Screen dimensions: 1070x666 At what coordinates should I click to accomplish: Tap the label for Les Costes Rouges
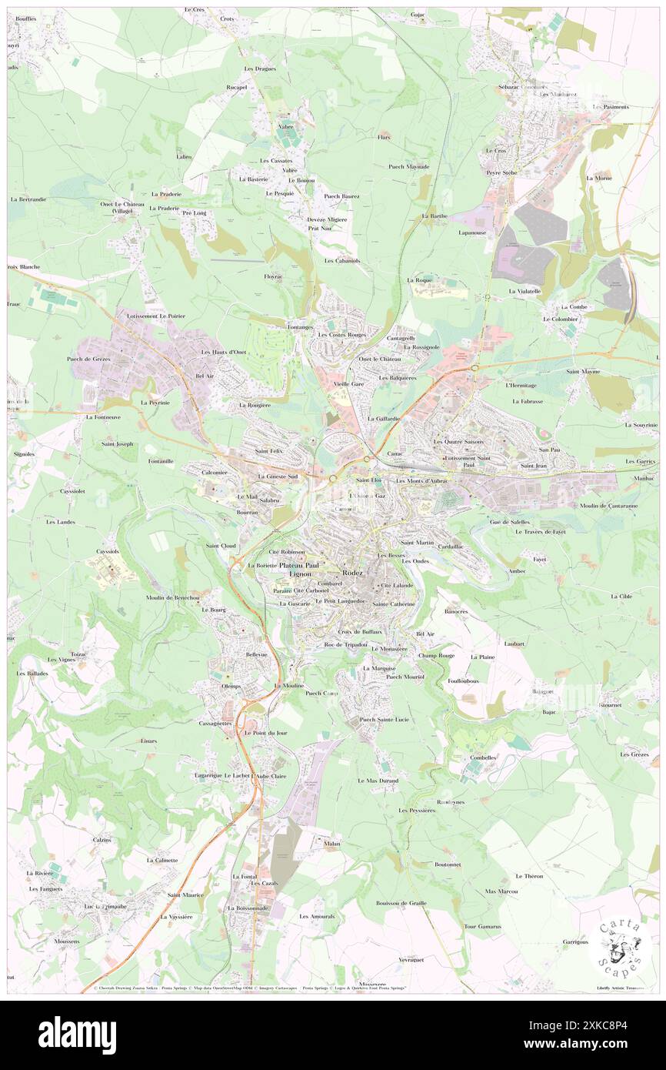(342, 336)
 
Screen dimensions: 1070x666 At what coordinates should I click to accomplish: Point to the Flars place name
(385, 137)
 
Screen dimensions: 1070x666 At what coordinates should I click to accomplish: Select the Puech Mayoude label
(408, 167)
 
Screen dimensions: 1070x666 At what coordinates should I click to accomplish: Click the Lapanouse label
(472, 232)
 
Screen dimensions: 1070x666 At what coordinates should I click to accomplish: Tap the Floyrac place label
(275, 276)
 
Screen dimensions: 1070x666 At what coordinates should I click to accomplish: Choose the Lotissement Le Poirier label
(151, 316)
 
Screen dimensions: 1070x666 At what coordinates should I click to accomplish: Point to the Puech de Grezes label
(89, 359)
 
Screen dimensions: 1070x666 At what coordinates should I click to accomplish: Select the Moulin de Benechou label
(173, 598)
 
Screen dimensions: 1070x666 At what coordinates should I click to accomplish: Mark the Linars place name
(149, 741)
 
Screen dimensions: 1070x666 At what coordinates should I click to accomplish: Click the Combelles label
(483, 757)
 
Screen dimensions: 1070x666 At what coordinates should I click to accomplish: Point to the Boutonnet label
(448, 864)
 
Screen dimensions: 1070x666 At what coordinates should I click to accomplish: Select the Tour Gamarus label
(482, 926)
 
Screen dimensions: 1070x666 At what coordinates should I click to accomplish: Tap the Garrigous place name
(574, 941)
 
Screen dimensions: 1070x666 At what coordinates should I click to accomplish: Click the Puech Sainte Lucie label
(385, 720)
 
